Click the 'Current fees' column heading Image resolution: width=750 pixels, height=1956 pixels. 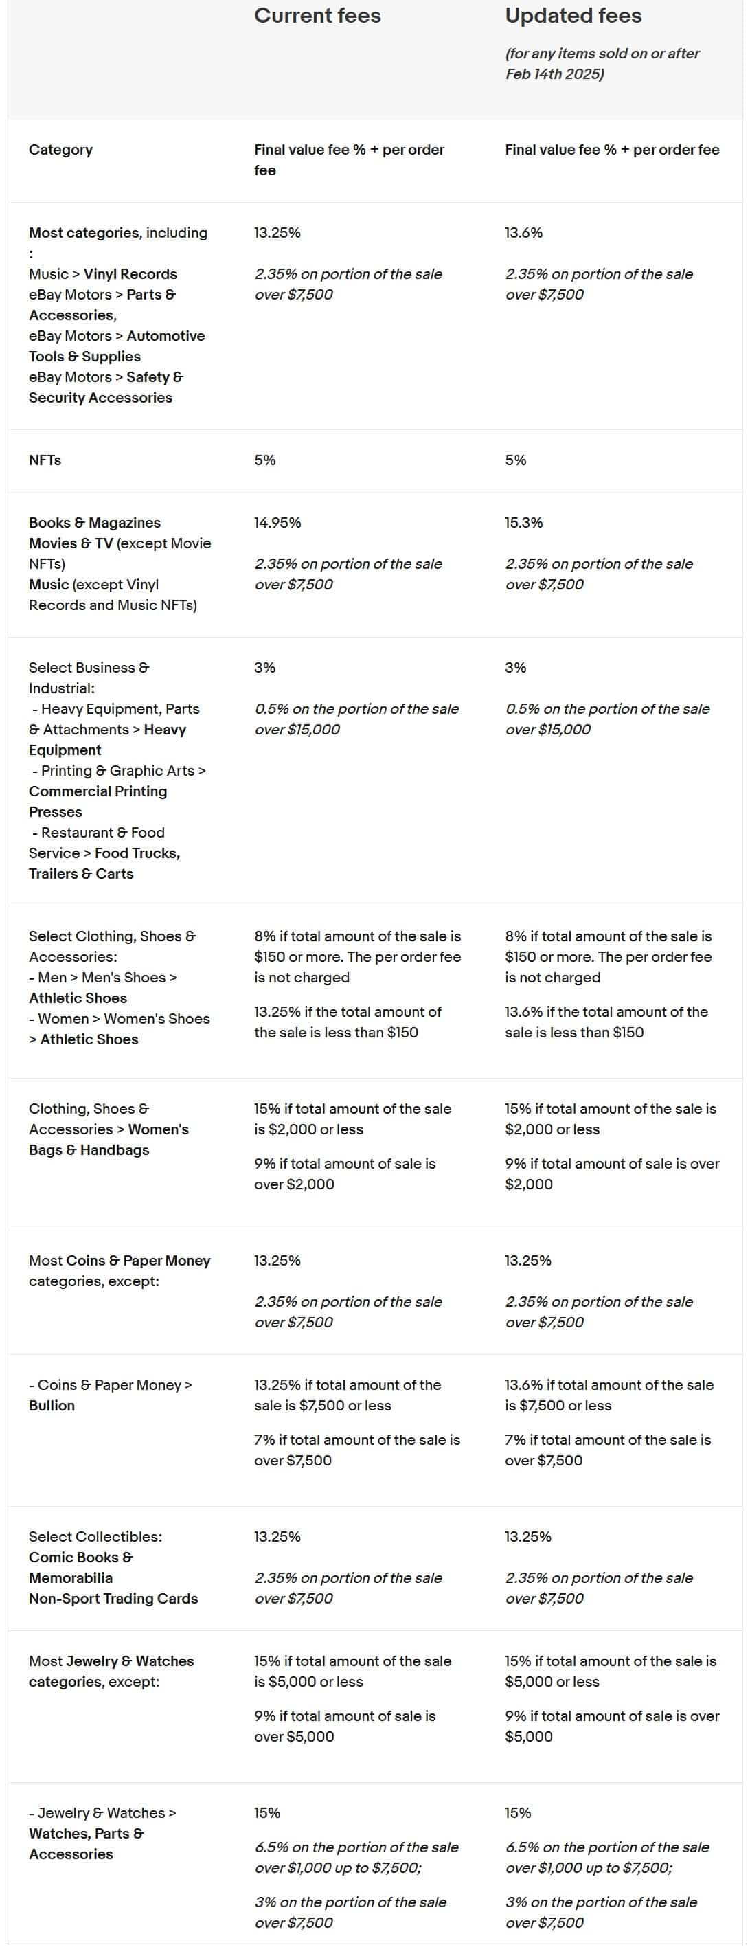point(317,16)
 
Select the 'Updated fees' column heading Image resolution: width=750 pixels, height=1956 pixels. point(573,16)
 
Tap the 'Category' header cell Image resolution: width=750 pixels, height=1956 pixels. point(60,150)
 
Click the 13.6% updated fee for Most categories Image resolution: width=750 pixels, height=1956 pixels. point(524,232)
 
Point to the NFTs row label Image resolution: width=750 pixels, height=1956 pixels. point(45,460)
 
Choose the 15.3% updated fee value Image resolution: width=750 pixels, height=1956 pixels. point(524,522)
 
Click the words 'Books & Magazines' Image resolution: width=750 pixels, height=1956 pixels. point(95,522)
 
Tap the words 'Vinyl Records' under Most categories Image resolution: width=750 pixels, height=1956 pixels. point(130,274)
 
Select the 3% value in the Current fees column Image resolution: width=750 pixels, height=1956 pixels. point(265,667)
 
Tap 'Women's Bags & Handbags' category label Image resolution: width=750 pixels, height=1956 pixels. point(109,1140)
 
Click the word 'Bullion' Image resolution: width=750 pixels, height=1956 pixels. point(52,1406)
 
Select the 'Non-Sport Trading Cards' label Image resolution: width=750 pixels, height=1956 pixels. point(113,1598)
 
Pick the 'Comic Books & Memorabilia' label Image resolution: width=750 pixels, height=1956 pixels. point(80,1567)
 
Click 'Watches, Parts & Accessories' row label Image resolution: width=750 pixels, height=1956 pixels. point(86,1843)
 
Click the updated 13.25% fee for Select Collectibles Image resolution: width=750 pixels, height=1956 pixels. point(527,1536)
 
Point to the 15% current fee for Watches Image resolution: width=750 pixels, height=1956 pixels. point(267,1812)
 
